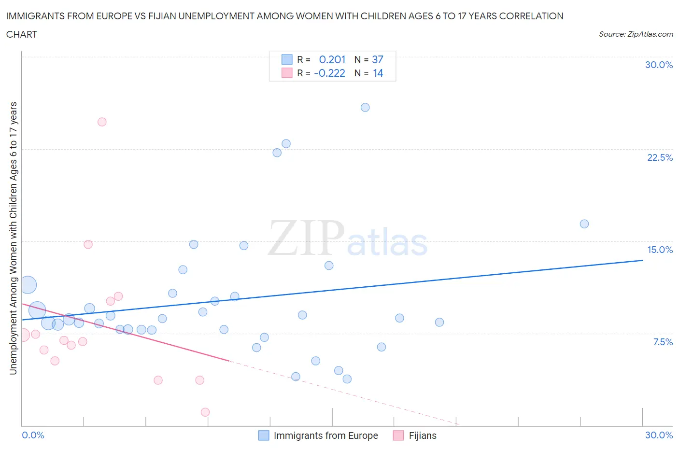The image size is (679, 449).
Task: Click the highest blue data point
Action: (x=365, y=107)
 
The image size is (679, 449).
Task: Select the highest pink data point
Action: (x=102, y=122)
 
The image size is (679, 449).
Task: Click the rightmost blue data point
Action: (x=584, y=224)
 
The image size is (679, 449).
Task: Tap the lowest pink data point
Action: (x=205, y=412)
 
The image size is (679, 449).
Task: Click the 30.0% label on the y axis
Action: (x=659, y=65)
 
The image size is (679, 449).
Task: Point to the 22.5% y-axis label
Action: (x=660, y=157)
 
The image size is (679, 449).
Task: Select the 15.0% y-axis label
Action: (x=660, y=250)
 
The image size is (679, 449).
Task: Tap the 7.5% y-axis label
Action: (x=663, y=342)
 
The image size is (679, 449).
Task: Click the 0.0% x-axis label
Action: (x=33, y=435)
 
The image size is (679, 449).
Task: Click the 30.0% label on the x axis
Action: (x=659, y=435)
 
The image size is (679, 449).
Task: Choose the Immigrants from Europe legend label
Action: (x=325, y=435)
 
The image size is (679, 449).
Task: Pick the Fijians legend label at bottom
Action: (x=422, y=435)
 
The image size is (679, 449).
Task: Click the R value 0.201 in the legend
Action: (x=332, y=59)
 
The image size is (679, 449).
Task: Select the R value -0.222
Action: (x=329, y=73)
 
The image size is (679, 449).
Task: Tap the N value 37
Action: (x=377, y=59)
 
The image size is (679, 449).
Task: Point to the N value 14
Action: (x=378, y=73)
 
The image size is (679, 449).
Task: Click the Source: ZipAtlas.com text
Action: (x=636, y=34)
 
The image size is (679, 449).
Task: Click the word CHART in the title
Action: (x=22, y=34)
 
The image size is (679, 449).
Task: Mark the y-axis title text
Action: (x=13, y=238)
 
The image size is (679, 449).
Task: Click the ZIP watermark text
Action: (x=306, y=238)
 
